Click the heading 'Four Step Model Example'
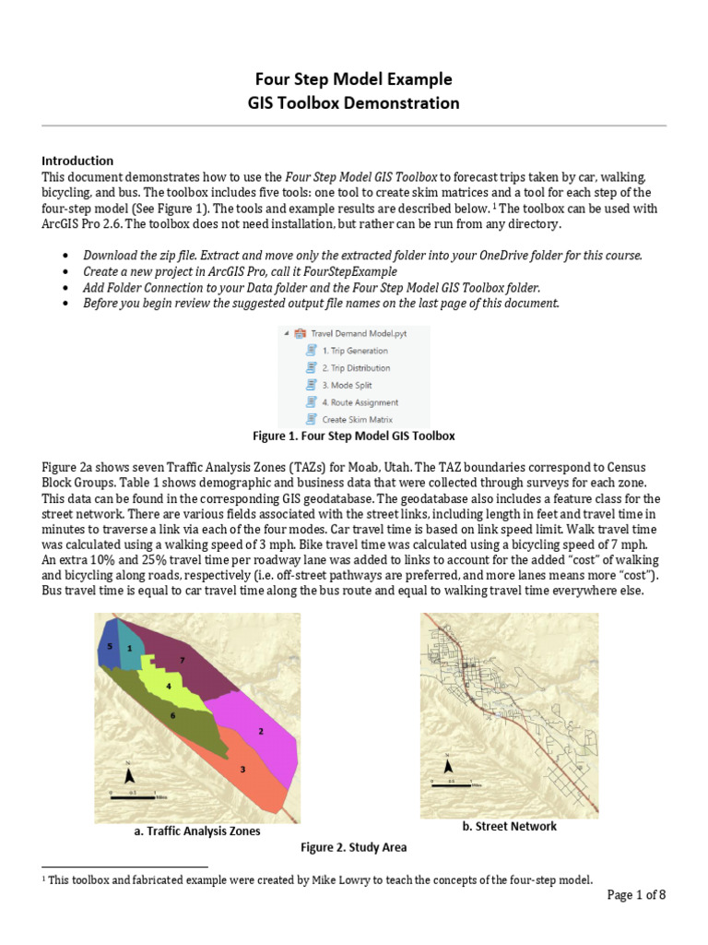tap(354, 79)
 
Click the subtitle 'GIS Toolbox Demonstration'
tap(354, 103)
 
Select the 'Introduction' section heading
tap(77, 161)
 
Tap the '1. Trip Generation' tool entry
tap(354, 351)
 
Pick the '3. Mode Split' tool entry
tap(347, 385)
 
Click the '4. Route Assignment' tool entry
tap(360, 402)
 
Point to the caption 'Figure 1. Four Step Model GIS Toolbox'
tap(354, 436)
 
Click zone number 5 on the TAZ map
tap(109, 648)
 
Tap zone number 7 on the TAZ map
tap(183, 660)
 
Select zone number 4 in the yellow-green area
tap(168, 687)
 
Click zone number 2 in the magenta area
tap(261, 731)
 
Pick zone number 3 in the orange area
tap(242, 769)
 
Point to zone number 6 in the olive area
tap(172, 715)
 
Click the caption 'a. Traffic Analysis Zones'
tap(197, 831)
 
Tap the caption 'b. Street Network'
tap(509, 827)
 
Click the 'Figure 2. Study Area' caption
tap(354, 847)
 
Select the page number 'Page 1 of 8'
tap(635, 895)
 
